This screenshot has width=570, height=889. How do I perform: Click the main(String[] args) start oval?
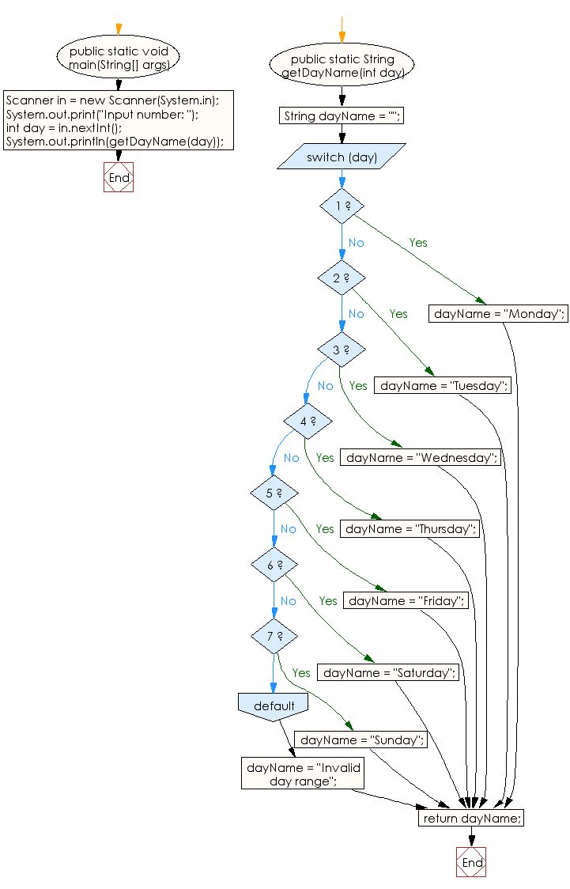click(119, 58)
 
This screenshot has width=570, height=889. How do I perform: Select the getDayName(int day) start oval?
click(342, 66)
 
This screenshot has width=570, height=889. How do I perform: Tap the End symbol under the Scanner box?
click(119, 178)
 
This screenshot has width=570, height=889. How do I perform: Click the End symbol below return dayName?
click(471, 862)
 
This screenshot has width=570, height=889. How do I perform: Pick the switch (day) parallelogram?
click(342, 157)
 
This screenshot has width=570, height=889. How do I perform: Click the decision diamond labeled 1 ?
click(342, 206)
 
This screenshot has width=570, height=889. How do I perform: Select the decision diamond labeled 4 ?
click(308, 422)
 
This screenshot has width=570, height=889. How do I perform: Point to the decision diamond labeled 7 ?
click(274, 636)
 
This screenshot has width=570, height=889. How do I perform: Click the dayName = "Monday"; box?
click(499, 314)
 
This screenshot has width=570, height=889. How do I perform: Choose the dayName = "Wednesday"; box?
click(421, 457)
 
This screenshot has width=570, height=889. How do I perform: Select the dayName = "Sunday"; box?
click(361, 740)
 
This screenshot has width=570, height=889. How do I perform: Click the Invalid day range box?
click(303, 773)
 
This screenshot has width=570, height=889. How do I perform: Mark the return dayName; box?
click(471, 818)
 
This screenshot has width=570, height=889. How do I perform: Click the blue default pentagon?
click(274, 706)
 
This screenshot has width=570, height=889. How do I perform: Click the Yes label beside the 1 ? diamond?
click(418, 243)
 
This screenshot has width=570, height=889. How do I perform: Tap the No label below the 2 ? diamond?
click(356, 314)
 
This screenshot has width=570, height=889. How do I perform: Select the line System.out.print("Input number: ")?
click(102, 114)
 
